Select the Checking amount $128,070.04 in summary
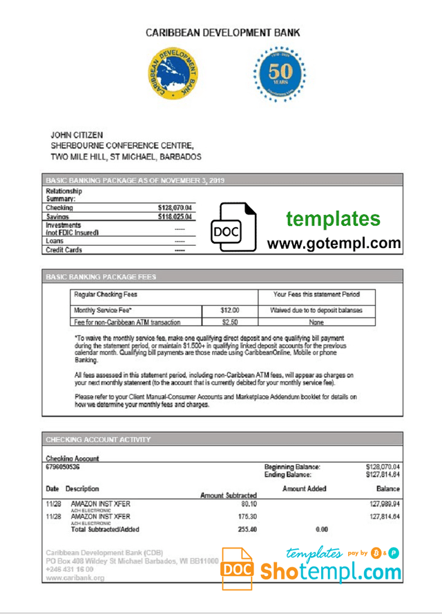click(x=175, y=208)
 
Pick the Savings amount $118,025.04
click(x=175, y=217)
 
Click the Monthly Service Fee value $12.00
click(x=230, y=311)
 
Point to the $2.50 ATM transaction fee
click(x=230, y=322)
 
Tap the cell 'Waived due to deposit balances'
click(x=316, y=311)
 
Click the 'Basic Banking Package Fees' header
click(x=101, y=277)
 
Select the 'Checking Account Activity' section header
click(x=98, y=439)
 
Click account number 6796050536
click(x=62, y=468)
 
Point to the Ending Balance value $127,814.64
click(x=383, y=475)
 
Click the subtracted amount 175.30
click(x=244, y=516)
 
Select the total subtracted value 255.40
click(x=244, y=530)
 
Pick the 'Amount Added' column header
click(x=305, y=489)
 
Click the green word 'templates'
click(x=334, y=219)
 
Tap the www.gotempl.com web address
click(x=334, y=243)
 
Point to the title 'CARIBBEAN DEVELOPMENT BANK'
click(x=223, y=33)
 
